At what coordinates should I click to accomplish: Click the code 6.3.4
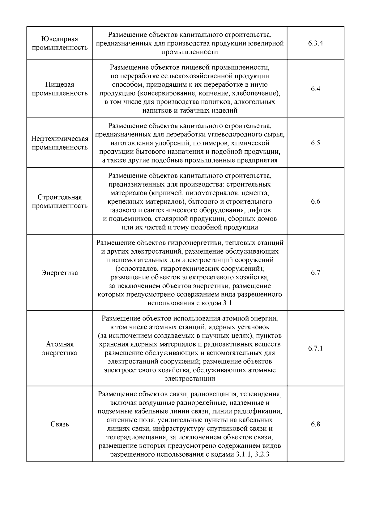[x=315, y=43]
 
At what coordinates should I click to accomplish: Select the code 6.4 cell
[x=315, y=89]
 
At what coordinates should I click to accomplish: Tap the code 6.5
[x=315, y=143]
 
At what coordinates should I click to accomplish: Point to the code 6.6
[x=315, y=202]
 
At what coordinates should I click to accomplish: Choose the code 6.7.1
[x=315, y=349]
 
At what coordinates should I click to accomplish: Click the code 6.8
[x=315, y=424]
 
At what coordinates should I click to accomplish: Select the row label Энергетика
[x=60, y=273]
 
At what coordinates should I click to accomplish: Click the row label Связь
[x=60, y=424]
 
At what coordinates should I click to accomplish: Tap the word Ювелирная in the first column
[x=60, y=39]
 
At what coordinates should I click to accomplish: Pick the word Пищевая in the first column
[x=60, y=84]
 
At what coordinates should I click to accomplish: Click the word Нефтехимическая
[x=60, y=139]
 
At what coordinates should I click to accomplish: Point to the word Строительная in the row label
[x=60, y=197]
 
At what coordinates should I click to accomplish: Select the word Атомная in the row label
[x=60, y=344]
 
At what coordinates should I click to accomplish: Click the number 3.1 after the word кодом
[x=227, y=303]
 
